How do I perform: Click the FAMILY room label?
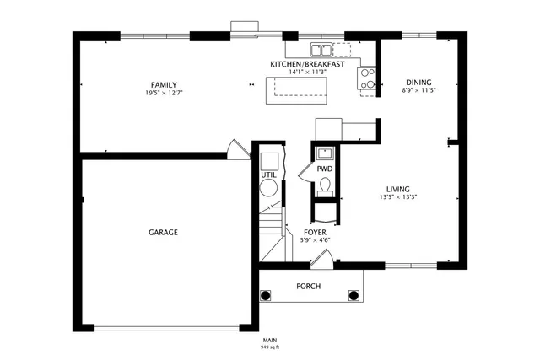[x=164, y=84]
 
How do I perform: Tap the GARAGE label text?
[x=164, y=232]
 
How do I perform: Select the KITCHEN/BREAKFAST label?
[x=307, y=64]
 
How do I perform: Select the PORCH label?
[x=308, y=286]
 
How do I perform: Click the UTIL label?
[x=268, y=175]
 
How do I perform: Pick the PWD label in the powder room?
[x=325, y=169]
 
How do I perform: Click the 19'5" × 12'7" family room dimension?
[x=164, y=93]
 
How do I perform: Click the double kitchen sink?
[x=321, y=49]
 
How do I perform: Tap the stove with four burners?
[x=368, y=78]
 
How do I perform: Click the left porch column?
[x=267, y=296]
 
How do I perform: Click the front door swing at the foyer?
[x=320, y=258]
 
